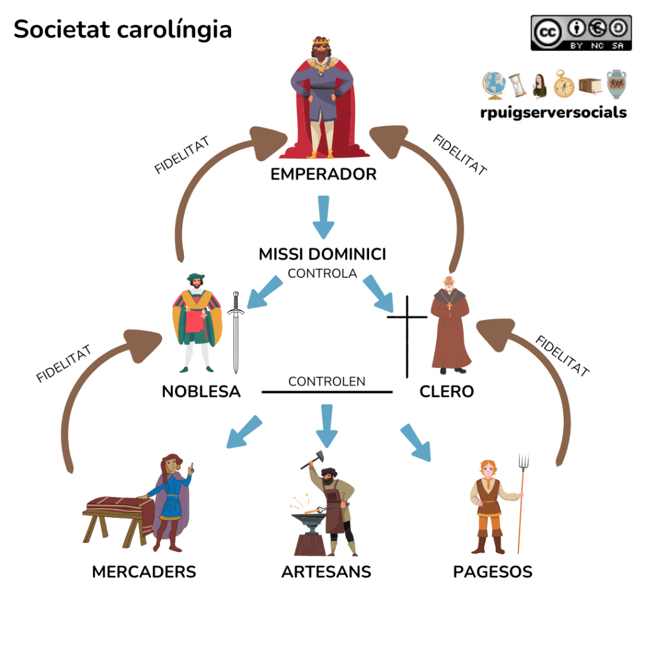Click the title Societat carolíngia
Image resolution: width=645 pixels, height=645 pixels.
[123, 30]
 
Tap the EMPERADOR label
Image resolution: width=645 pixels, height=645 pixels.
[323, 174]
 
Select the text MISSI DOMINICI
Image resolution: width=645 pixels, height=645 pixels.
[322, 254]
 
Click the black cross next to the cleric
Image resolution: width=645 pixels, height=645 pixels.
[406, 334]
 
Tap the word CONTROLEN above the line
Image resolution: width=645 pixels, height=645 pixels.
[326, 382]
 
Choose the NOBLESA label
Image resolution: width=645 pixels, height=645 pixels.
[201, 392]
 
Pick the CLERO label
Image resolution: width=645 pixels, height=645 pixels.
[447, 392]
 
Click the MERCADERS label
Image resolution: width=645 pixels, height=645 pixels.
[144, 572]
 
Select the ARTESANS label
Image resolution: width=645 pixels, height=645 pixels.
[326, 572]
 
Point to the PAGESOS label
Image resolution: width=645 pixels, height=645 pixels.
[493, 572]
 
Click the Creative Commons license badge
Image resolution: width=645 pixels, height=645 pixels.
[581, 33]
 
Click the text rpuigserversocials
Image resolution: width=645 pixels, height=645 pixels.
[552, 113]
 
